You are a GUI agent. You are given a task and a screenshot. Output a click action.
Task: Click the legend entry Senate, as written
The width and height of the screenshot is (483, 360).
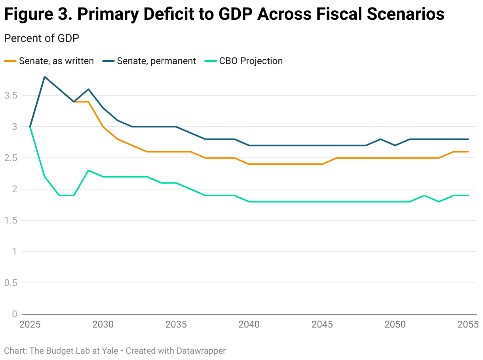(49, 61)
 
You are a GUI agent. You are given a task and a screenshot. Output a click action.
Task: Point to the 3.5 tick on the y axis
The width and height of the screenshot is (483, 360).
(11, 95)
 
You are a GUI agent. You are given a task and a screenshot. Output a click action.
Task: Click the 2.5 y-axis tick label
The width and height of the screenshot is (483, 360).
(11, 158)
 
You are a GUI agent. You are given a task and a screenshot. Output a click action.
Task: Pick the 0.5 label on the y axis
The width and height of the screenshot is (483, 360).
(11, 283)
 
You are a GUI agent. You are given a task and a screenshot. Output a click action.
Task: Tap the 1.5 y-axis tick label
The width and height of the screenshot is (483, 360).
(11, 220)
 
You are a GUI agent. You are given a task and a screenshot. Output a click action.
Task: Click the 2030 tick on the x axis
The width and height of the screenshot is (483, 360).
(103, 325)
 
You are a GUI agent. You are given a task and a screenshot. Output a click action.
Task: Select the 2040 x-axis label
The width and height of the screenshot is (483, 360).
(249, 325)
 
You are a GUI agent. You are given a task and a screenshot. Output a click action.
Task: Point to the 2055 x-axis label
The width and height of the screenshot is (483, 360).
(468, 325)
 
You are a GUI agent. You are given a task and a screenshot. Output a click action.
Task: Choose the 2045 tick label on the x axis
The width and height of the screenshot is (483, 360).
(322, 325)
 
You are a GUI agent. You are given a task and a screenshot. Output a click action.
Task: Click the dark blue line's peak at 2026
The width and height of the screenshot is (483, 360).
(45, 77)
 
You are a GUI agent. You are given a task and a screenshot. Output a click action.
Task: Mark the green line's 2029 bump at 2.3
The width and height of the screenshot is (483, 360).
(88, 171)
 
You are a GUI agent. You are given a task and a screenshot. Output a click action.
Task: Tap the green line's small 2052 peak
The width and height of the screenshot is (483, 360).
(424, 195)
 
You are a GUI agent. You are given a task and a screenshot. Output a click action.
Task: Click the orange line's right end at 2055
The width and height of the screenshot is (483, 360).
(468, 152)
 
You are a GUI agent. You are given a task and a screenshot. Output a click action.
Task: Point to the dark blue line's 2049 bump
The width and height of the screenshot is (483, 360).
(380, 139)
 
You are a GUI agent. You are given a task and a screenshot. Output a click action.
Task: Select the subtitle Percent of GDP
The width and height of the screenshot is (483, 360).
(41, 38)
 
